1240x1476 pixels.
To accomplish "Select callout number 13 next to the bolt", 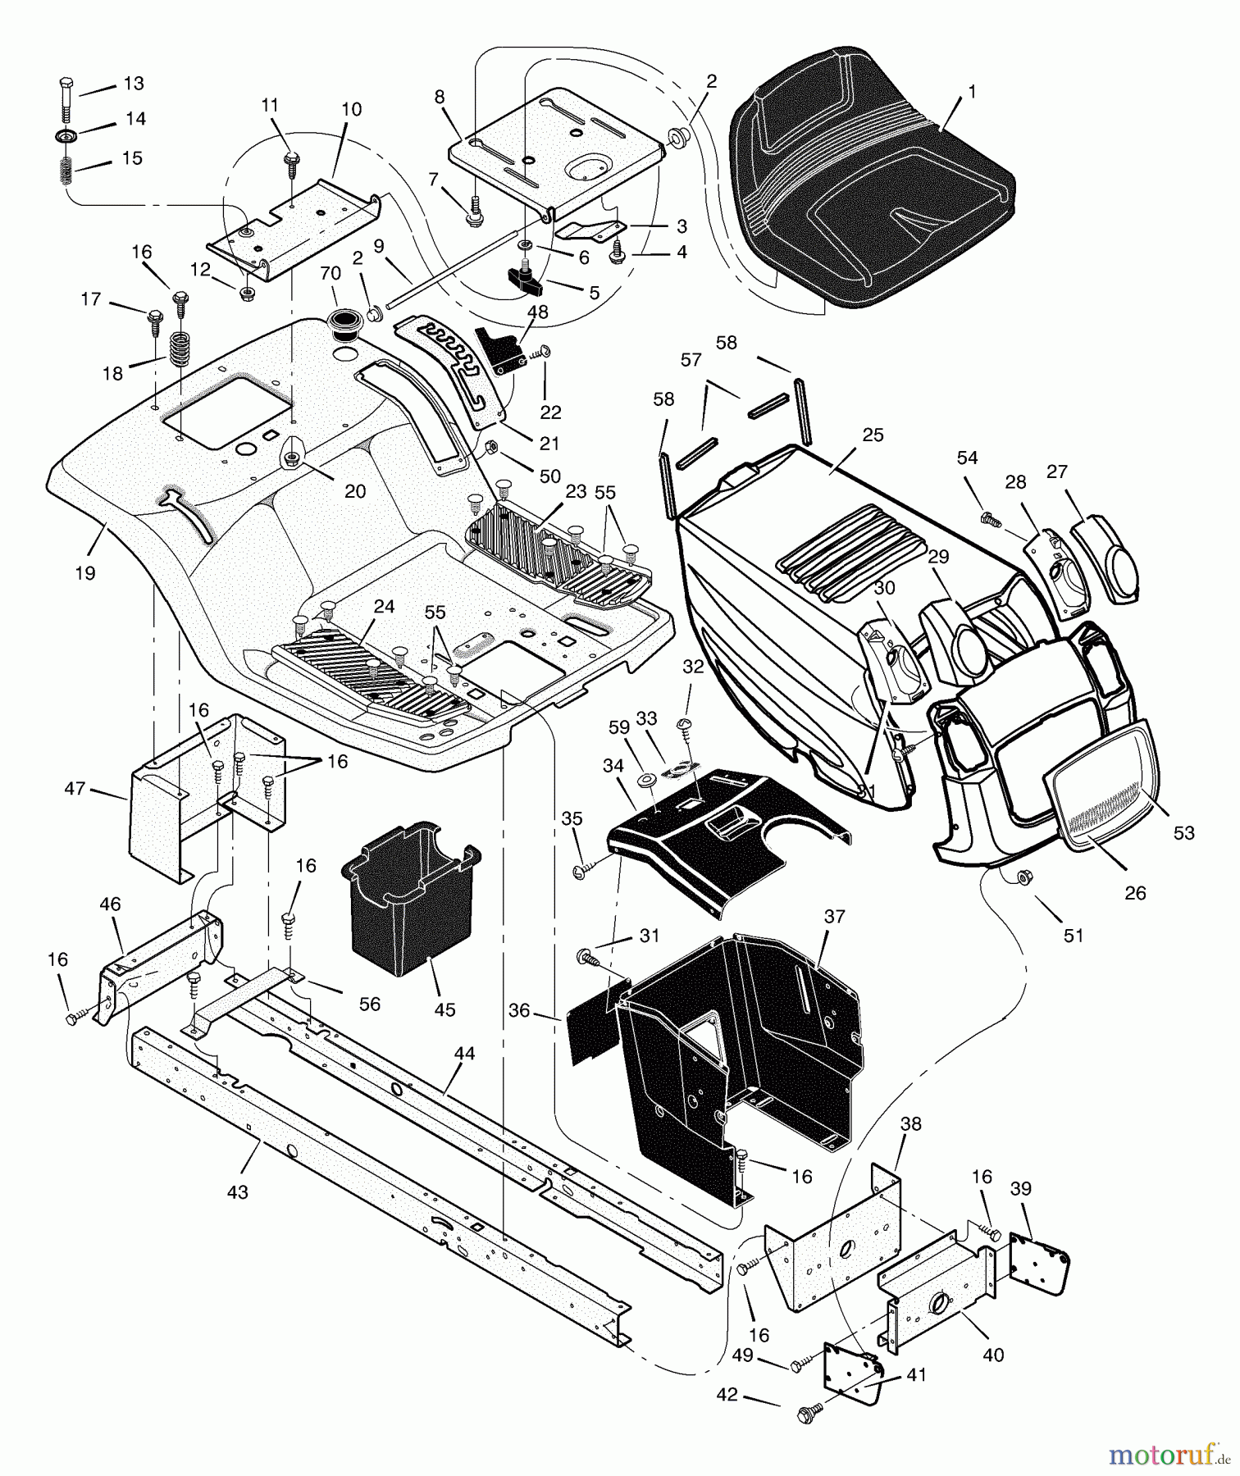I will [133, 84].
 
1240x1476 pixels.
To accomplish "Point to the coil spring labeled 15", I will [65, 171].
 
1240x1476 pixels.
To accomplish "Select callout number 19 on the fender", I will [84, 573].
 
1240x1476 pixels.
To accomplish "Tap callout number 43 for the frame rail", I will [237, 1191].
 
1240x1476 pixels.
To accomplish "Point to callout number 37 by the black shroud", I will [834, 917].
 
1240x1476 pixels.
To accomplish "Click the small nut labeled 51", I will [1023, 877].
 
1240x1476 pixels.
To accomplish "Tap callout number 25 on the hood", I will [873, 435].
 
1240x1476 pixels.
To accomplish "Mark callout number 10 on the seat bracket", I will [351, 109].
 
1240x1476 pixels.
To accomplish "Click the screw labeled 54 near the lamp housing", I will [991, 518].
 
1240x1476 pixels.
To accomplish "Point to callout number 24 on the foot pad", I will [384, 607].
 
